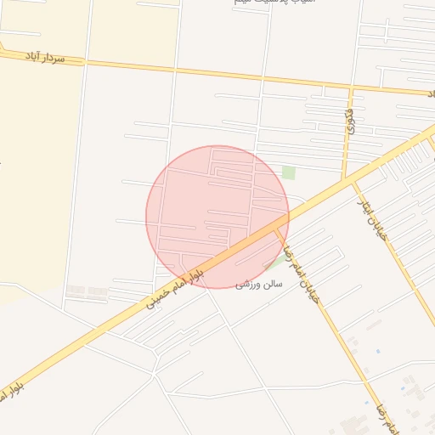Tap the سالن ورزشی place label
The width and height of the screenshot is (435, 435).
coord(259,284)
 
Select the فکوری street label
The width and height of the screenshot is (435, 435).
coord(350,123)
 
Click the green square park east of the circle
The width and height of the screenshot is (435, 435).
coord(289,172)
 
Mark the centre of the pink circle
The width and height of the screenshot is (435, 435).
coord(217,217)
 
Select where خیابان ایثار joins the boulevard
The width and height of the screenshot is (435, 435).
coord(350,179)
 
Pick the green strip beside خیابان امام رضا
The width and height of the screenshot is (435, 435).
coord(276,260)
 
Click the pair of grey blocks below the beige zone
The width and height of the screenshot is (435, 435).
coord(86,291)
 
